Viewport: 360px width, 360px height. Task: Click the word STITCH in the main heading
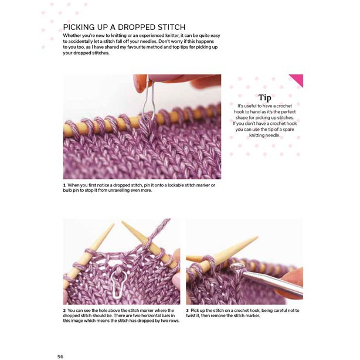pos(169,27)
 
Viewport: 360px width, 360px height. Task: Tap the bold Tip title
pos(264,97)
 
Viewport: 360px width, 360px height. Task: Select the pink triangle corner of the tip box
pos(297,80)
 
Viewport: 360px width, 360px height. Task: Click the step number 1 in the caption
pos(64,185)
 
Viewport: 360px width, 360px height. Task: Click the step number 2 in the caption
pos(64,310)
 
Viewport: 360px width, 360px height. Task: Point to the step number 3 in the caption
pos(187,310)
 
